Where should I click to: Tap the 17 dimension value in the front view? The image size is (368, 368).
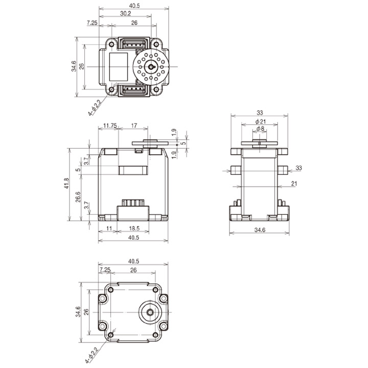tap(133, 125)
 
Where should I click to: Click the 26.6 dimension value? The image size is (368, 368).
tap(78, 197)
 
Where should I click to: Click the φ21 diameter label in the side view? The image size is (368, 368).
tap(260, 122)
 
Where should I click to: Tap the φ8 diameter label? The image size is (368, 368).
tap(260, 129)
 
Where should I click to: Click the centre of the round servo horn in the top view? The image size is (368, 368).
tap(151, 66)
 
